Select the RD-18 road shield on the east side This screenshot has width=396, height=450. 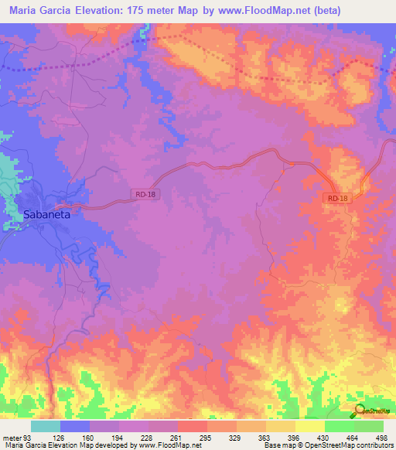click(x=337, y=199)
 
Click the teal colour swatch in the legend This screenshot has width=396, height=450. click(x=46, y=426)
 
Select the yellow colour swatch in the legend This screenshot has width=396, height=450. click(x=309, y=426)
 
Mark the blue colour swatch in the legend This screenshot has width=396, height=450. click(x=75, y=426)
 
